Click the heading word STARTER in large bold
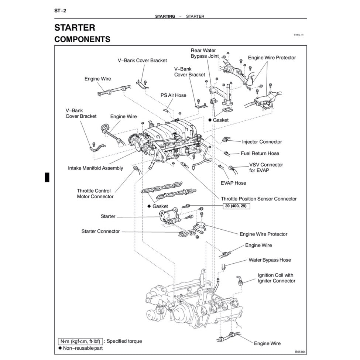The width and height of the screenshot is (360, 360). [x=75, y=28]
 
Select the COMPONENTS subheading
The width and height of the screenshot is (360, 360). [x=82, y=39]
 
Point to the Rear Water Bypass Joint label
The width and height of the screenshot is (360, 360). [x=203, y=53]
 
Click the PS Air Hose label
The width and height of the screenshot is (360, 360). [x=173, y=95]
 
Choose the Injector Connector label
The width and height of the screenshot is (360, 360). [x=262, y=142]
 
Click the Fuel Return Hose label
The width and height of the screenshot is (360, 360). [x=260, y=153]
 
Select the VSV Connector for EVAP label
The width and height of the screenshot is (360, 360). [x=266, y=168]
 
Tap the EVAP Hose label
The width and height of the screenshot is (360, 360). [x=233, y=183]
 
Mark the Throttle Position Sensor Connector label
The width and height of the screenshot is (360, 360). [x=258, y=199]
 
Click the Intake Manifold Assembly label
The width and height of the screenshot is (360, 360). [x=96, y=168]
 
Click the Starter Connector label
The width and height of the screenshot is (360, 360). [x=100, y=231]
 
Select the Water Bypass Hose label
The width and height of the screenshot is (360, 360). [x=270, y=260]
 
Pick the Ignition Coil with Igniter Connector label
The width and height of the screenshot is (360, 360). [x=277, y=278]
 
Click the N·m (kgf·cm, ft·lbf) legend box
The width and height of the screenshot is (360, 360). [x=80, y=341]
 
